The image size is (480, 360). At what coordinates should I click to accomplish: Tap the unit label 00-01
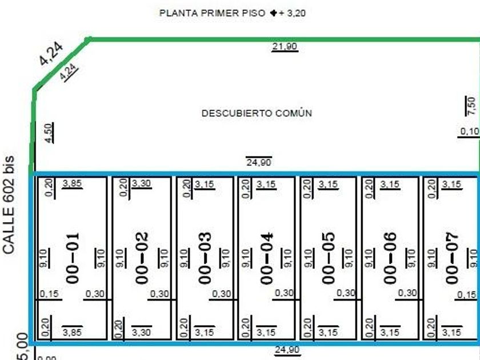72,258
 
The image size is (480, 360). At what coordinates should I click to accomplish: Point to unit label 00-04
266,258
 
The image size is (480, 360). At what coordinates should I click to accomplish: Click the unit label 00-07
452,258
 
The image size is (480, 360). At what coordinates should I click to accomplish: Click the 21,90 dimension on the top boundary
284,47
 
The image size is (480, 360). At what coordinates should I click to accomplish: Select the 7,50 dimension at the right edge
470,106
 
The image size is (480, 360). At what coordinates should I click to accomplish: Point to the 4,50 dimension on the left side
49,132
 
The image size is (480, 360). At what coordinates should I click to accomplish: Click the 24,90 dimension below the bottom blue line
287,350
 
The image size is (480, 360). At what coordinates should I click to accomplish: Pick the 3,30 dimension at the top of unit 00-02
141,184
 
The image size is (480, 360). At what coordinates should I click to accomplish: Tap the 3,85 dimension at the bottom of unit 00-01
72,332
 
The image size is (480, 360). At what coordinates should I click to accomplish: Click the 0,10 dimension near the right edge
470,131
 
